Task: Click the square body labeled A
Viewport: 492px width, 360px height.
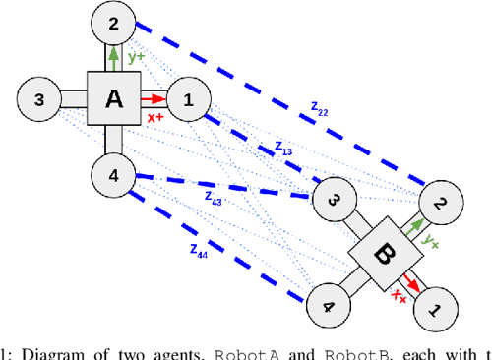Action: coord(113,98)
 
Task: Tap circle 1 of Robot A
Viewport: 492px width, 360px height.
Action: coord(188,98)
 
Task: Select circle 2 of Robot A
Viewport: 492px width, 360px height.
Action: coord(113,23)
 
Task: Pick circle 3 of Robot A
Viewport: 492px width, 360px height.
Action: coord(38,98)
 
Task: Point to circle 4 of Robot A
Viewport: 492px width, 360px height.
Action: coord(113,175)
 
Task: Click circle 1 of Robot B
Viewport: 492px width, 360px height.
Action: coord(434,310)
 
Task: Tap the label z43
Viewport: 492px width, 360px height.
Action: coord(213,197)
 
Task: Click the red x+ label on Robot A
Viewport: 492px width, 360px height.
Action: coord(155,117)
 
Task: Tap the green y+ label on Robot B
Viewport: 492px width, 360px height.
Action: coord(430,239)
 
